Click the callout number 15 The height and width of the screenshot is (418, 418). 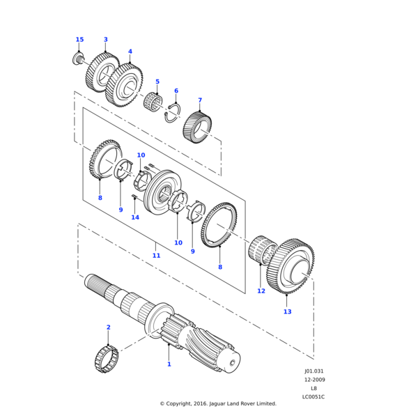click(79, 40)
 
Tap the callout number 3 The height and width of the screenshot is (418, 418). click(105, 40)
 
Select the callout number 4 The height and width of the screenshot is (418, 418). click(130, 52)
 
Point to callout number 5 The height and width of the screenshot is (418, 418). click(157, 82)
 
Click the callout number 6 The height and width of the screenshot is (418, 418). click(176, 91)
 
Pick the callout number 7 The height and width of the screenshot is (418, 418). click(200, 100)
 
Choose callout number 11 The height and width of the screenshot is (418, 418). click(156, 256)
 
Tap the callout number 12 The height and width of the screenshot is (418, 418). click(261, 291)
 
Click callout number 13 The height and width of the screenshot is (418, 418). click(288, 311)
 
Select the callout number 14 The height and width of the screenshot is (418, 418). click(135, 217)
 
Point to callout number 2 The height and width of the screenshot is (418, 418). click(108, 327)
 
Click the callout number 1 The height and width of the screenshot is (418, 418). click(169, 364)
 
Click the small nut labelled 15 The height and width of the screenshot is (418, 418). click(78, 58)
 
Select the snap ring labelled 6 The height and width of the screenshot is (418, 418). click(172, 112)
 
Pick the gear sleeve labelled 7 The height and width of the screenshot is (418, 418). click(196, 127)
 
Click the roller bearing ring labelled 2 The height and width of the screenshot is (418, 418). click(106, 359)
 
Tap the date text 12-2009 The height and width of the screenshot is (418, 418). click(313, 380)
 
